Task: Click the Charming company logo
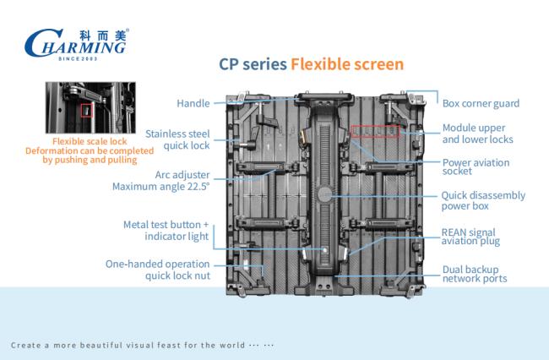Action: click(x=76, y=45)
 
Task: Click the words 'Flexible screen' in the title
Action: click(x=347, y=64)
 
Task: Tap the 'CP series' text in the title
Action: click(x=253, y=65)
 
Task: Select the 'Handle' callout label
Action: click(x=193, y=103)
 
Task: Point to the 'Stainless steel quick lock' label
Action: click(x=177, y=139)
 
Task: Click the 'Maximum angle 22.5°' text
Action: click(x=160, y=186)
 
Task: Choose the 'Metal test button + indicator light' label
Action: click(x=166, y=231)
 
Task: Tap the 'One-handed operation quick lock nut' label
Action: click(x=158, y=270)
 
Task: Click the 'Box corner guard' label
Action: click(x=481, y=103)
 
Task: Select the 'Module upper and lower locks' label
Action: click(x=477, y=134)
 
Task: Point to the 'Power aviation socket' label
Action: click(x=476, y=166)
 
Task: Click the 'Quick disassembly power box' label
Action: click(x=483, y=200)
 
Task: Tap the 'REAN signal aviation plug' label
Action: click(x=470, y=237)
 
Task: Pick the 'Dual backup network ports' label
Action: click(x=475, y=274)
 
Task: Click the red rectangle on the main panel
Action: click(x=375, y=131)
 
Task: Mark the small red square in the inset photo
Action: click(x=86, y=111)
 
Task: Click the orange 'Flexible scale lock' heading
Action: click(x=90, y=141)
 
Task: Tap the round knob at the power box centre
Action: click(x=325, y=194)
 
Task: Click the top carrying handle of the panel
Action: click(x=323, y=97)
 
